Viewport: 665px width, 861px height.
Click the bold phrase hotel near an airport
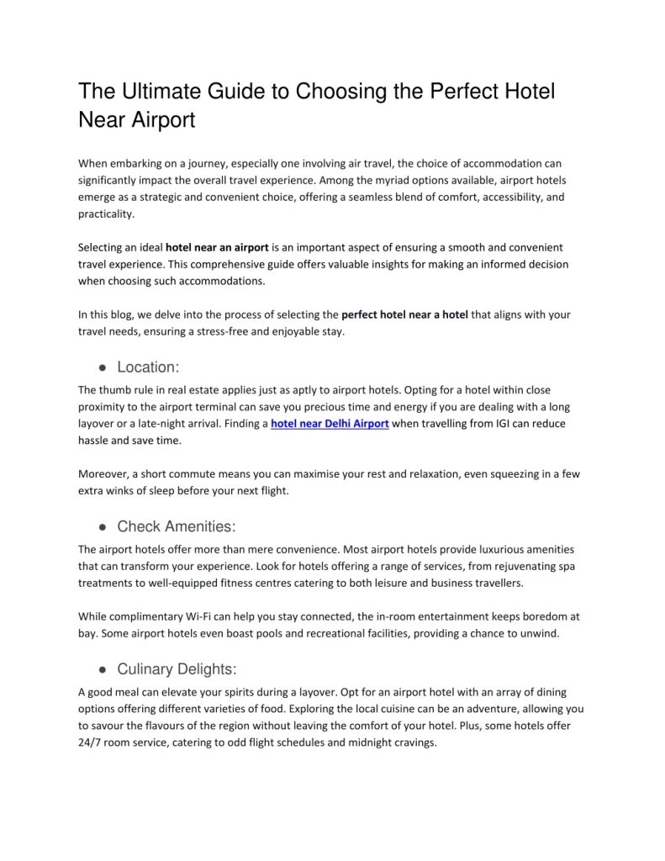217,247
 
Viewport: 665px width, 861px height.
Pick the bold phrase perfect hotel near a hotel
404,314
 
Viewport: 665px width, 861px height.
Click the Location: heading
148,367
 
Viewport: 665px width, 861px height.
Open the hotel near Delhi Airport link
330,424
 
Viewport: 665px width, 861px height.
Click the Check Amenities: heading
177,527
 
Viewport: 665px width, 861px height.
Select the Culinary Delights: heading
177,670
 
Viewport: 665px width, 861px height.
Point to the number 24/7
92,742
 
